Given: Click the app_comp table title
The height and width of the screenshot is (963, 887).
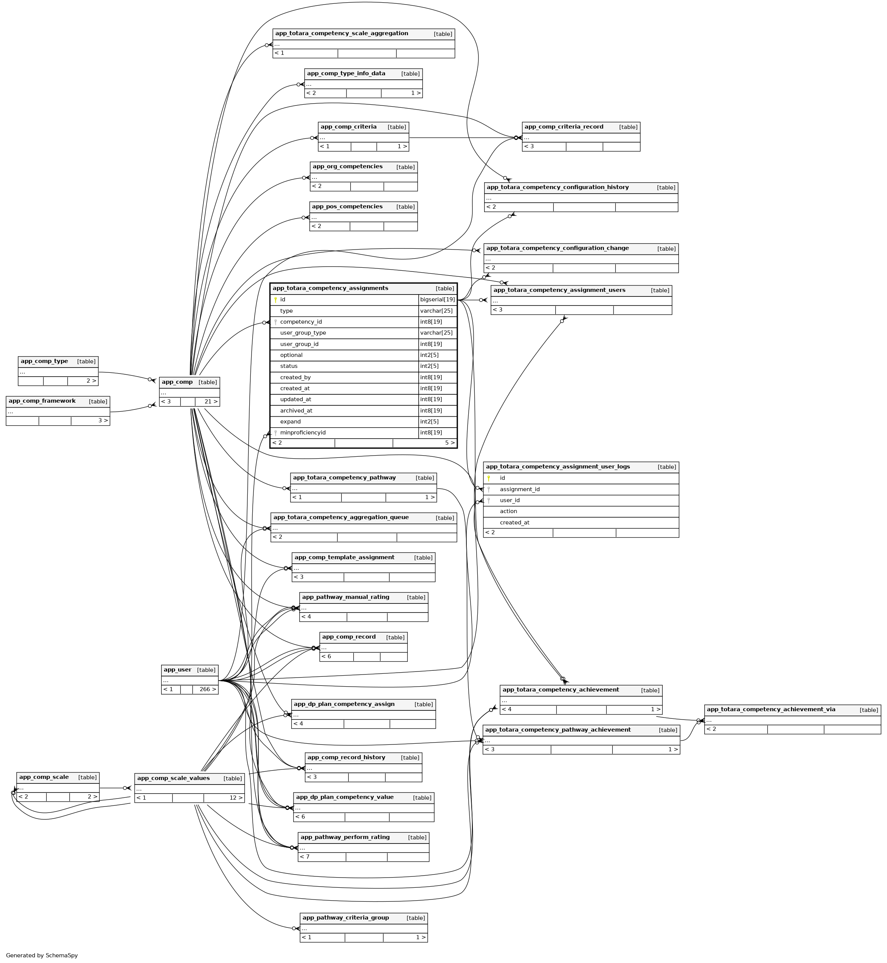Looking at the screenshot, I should (177, 382).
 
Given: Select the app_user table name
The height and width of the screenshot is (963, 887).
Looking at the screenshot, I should (177, 670).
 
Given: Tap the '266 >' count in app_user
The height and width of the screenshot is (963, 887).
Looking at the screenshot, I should (207, 690).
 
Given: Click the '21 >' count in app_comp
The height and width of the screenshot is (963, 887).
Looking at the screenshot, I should (211, 402).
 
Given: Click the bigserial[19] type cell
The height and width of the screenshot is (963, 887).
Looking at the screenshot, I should (437, 300).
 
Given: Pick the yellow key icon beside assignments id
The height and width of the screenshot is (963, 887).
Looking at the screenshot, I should (275, 300).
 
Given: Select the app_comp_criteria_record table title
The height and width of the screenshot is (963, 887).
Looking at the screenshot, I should (564, 127).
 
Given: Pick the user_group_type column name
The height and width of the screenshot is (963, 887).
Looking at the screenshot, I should (303, 333).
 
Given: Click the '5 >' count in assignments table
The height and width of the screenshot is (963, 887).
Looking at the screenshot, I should (449, 443).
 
